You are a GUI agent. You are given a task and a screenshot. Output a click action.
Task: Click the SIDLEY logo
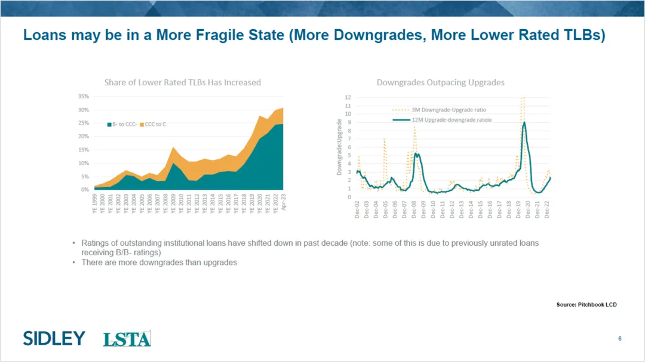(54, 338)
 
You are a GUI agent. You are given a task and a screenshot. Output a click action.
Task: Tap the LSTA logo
(127, 339)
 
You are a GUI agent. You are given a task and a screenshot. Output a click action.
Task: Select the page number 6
(620, 339)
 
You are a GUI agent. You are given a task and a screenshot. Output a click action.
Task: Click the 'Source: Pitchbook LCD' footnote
(586, 305)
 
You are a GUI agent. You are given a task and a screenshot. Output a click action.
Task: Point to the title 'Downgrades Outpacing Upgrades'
(440, 82)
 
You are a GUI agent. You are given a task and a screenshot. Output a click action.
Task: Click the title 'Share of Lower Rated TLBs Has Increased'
(182, 82)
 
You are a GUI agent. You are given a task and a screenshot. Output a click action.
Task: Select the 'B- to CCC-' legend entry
(124, 124)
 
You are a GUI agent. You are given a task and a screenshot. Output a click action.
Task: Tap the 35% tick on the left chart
(83, 96)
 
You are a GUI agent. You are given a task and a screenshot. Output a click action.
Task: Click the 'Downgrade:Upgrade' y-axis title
(339, 147)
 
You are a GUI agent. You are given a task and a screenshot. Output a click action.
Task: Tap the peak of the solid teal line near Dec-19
(524, 122)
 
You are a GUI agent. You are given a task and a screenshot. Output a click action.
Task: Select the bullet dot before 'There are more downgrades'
(74, 262)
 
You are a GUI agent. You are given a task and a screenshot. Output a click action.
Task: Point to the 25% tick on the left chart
(83, 123)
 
